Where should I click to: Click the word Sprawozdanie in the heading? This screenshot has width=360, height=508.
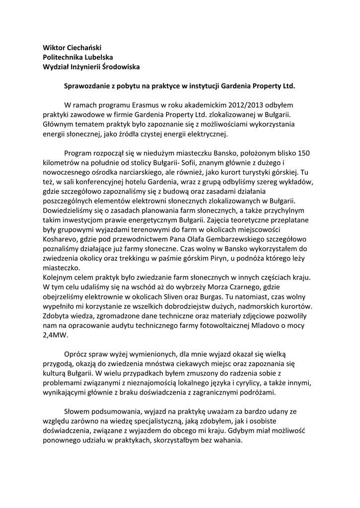click(87, 86)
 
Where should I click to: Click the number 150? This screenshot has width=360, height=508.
click(303, 153)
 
